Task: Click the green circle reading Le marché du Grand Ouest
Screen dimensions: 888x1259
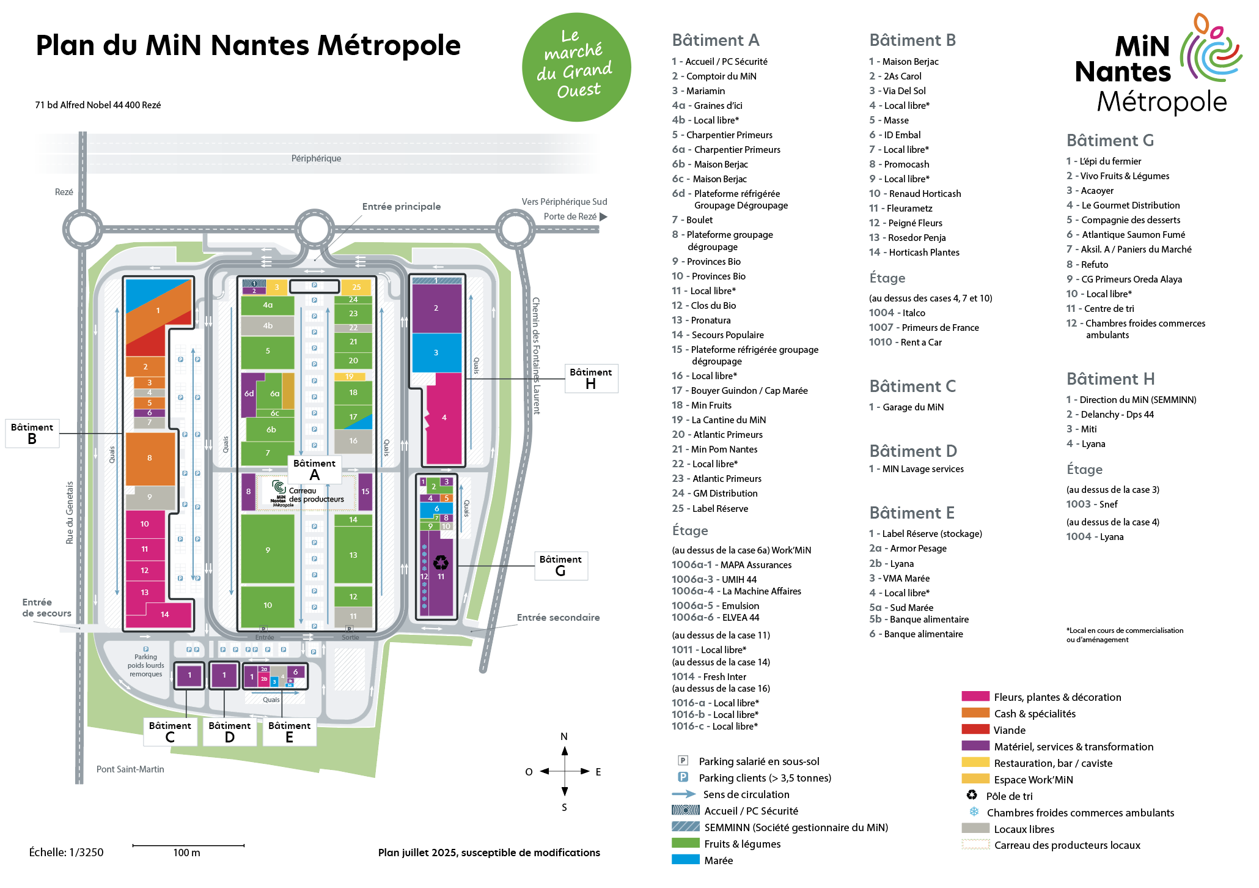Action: [576, 67]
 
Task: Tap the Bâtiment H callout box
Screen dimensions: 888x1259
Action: [590, 378]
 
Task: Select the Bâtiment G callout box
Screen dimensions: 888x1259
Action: [560, 566]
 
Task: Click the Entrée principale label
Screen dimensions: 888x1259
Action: [401, 207]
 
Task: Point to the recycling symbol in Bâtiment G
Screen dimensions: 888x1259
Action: [440, 561]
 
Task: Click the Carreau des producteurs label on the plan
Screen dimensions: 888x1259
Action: [316, 495]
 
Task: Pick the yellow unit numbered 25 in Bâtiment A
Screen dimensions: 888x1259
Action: [356, 287]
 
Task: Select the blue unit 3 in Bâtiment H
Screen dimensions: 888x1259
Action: [436, 352]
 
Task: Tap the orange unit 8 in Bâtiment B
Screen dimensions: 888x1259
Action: [150, 457]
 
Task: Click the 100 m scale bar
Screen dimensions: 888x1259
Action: [188, 846]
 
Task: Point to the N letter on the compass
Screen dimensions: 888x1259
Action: [564, 736]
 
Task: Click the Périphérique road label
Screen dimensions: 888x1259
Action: [316, 158]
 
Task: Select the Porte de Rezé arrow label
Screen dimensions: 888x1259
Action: [574, 216]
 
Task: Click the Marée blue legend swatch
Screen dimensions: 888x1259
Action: [685, 860]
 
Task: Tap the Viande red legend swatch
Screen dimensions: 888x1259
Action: [975, 730]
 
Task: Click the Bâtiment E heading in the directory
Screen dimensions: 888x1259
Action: [911, 512]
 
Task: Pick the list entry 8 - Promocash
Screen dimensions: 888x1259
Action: [899, 164]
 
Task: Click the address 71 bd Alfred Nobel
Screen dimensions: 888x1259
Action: [98, 105]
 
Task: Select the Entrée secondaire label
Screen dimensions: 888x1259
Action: [558, 618]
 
